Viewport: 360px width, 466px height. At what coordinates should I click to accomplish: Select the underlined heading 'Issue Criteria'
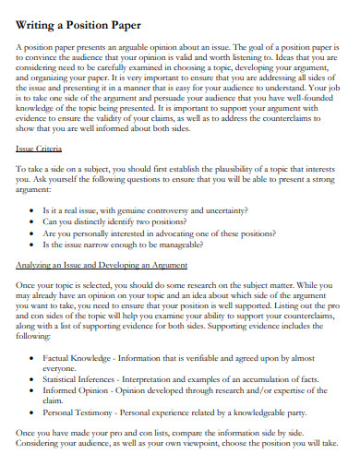[40, 147]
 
